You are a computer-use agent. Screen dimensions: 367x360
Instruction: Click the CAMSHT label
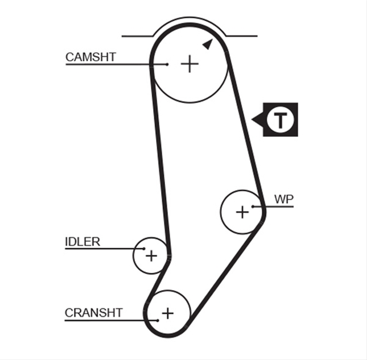tap(91, 57)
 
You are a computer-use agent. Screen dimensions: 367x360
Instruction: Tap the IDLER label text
tap(83, 242)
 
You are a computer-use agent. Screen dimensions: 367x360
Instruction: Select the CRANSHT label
tap(93, 313)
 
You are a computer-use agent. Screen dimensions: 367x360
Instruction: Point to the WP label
tap(284, 199)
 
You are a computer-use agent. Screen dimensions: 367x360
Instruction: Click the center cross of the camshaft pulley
tap(190, 64)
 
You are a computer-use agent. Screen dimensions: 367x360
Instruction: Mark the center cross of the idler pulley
tap(151, 256)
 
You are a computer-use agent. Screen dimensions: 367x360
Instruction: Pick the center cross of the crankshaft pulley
tap(168, 313)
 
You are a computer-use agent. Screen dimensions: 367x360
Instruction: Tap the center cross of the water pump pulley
tap(242, 212)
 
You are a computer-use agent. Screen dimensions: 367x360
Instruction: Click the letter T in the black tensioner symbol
tap(280, 120)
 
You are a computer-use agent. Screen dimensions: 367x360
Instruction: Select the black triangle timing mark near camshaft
tap(208, 44)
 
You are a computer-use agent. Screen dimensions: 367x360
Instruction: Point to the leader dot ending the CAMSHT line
tap(167, 64)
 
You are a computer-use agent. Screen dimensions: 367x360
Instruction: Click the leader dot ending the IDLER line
tap(144, 249)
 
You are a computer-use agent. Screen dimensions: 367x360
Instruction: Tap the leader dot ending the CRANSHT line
tap(158, 320)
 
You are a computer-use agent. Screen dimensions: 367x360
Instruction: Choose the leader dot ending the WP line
tap(253, 206)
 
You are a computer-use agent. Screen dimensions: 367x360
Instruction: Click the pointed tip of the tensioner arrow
tap(252, 120)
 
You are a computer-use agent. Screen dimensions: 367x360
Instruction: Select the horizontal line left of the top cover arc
tap(138, 36)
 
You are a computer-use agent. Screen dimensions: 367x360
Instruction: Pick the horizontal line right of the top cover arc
tap(242, 36)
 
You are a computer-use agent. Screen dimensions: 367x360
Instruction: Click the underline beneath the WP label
tap(274, 206)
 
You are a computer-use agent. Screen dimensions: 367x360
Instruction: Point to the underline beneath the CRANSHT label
tap(111, 320)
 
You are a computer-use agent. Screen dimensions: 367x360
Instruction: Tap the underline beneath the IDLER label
tap(104, 249)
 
